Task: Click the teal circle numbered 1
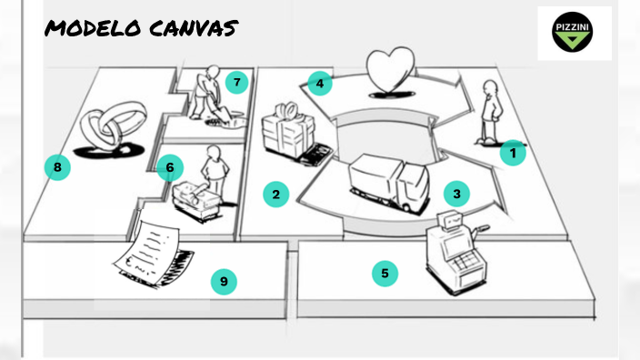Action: point(513,154)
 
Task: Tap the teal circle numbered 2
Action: point(275,193)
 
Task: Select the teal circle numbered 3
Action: point(456,193)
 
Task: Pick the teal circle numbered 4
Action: point(319,84)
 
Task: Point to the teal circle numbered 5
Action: point(385,272)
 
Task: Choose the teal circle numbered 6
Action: point(169,167)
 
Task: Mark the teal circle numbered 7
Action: point(236,84)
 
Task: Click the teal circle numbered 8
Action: point(57,167)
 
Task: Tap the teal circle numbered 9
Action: point(224,282)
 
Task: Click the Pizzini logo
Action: point(574,34)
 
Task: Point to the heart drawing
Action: point(389,70)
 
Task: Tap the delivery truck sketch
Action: point(388,181)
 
